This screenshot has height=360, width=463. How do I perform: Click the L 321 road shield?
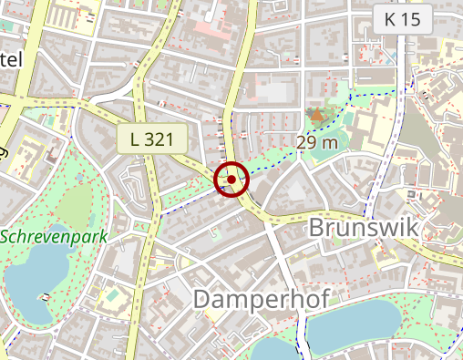coord(151,139)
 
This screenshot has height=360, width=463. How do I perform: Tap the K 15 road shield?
coord(402,18)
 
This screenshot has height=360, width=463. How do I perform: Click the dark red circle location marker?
coord(231,180)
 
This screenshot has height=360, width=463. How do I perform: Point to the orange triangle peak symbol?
coord(316,115)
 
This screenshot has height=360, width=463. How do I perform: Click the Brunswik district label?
coord(364,227)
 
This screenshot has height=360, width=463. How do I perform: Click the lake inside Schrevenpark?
coord(36,273)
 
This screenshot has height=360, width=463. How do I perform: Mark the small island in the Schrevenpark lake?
coord(44,296)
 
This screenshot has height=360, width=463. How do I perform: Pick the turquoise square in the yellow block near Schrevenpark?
coord(112,295)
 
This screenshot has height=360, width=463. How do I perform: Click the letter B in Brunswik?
coord(319,227)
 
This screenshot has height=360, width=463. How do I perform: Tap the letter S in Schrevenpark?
coord(5,236)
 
